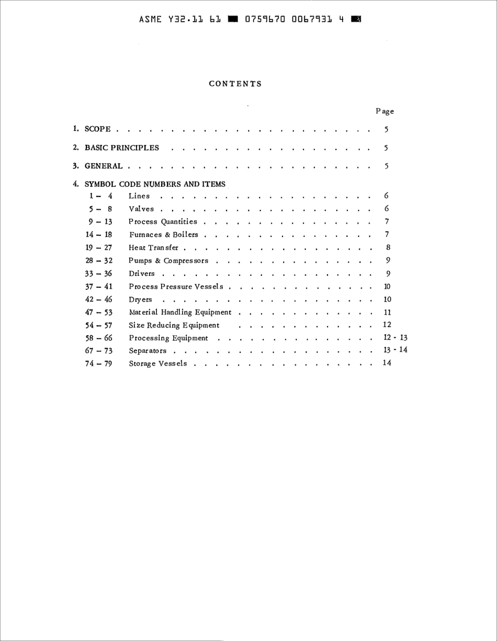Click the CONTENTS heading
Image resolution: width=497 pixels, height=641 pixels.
point(235,84)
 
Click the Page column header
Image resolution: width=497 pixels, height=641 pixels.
point(385,111)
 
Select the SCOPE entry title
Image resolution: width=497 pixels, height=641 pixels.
point(98,129)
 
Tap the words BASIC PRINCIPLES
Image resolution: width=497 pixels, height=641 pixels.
point(122,148)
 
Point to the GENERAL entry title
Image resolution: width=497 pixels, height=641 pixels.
point(104,166)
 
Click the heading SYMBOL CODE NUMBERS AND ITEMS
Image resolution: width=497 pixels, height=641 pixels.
point(155,184)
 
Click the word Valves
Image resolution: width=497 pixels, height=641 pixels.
point(141,209)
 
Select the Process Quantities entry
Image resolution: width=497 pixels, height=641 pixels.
point(163,222)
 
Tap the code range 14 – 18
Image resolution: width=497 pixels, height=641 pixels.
point(99,235)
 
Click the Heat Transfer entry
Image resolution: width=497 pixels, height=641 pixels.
point(153,248)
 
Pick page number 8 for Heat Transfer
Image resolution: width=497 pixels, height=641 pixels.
point(388,248)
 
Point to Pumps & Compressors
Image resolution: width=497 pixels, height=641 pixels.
point(168,261)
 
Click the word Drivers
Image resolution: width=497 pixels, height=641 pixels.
point(142,274)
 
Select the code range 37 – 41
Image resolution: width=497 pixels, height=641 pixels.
point(99,286)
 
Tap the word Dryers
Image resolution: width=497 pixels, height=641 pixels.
point(140,300)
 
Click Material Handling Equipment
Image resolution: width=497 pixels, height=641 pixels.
point(180,312)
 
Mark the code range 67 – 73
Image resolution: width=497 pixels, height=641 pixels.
point(99,351)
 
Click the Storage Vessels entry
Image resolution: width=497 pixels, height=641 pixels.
point(158,364)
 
